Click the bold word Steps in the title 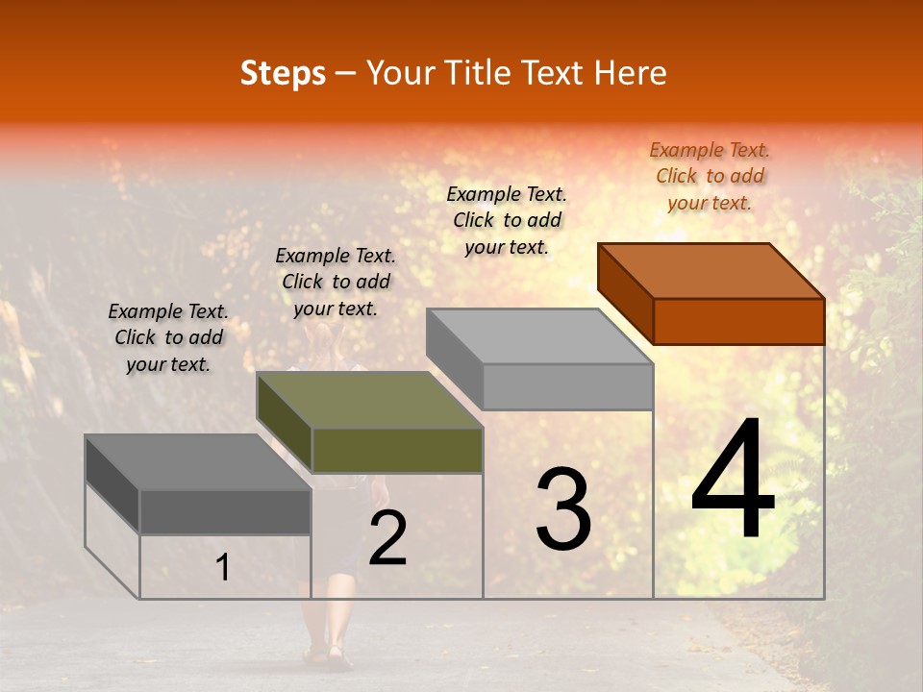click(x=283, y=73)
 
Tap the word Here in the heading click(x=630, y=73)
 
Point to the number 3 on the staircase click(x=563, y=508)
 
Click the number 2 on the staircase click(x=387, y=538)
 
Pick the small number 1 click(x=222, y=568)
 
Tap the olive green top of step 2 click(x=370, y=400)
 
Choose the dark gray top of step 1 click(x=198, y=462)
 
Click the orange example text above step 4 click(x=710, y=176)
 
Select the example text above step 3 click(x=507, y=220)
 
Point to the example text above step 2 click(x=336, y=282)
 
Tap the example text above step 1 click(x=168, y=337)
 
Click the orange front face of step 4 click(x=738, y=321)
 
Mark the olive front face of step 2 click(x=397, y=451)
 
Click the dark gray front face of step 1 click(x=225, y=512)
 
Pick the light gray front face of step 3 click(x=567, y=386)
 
